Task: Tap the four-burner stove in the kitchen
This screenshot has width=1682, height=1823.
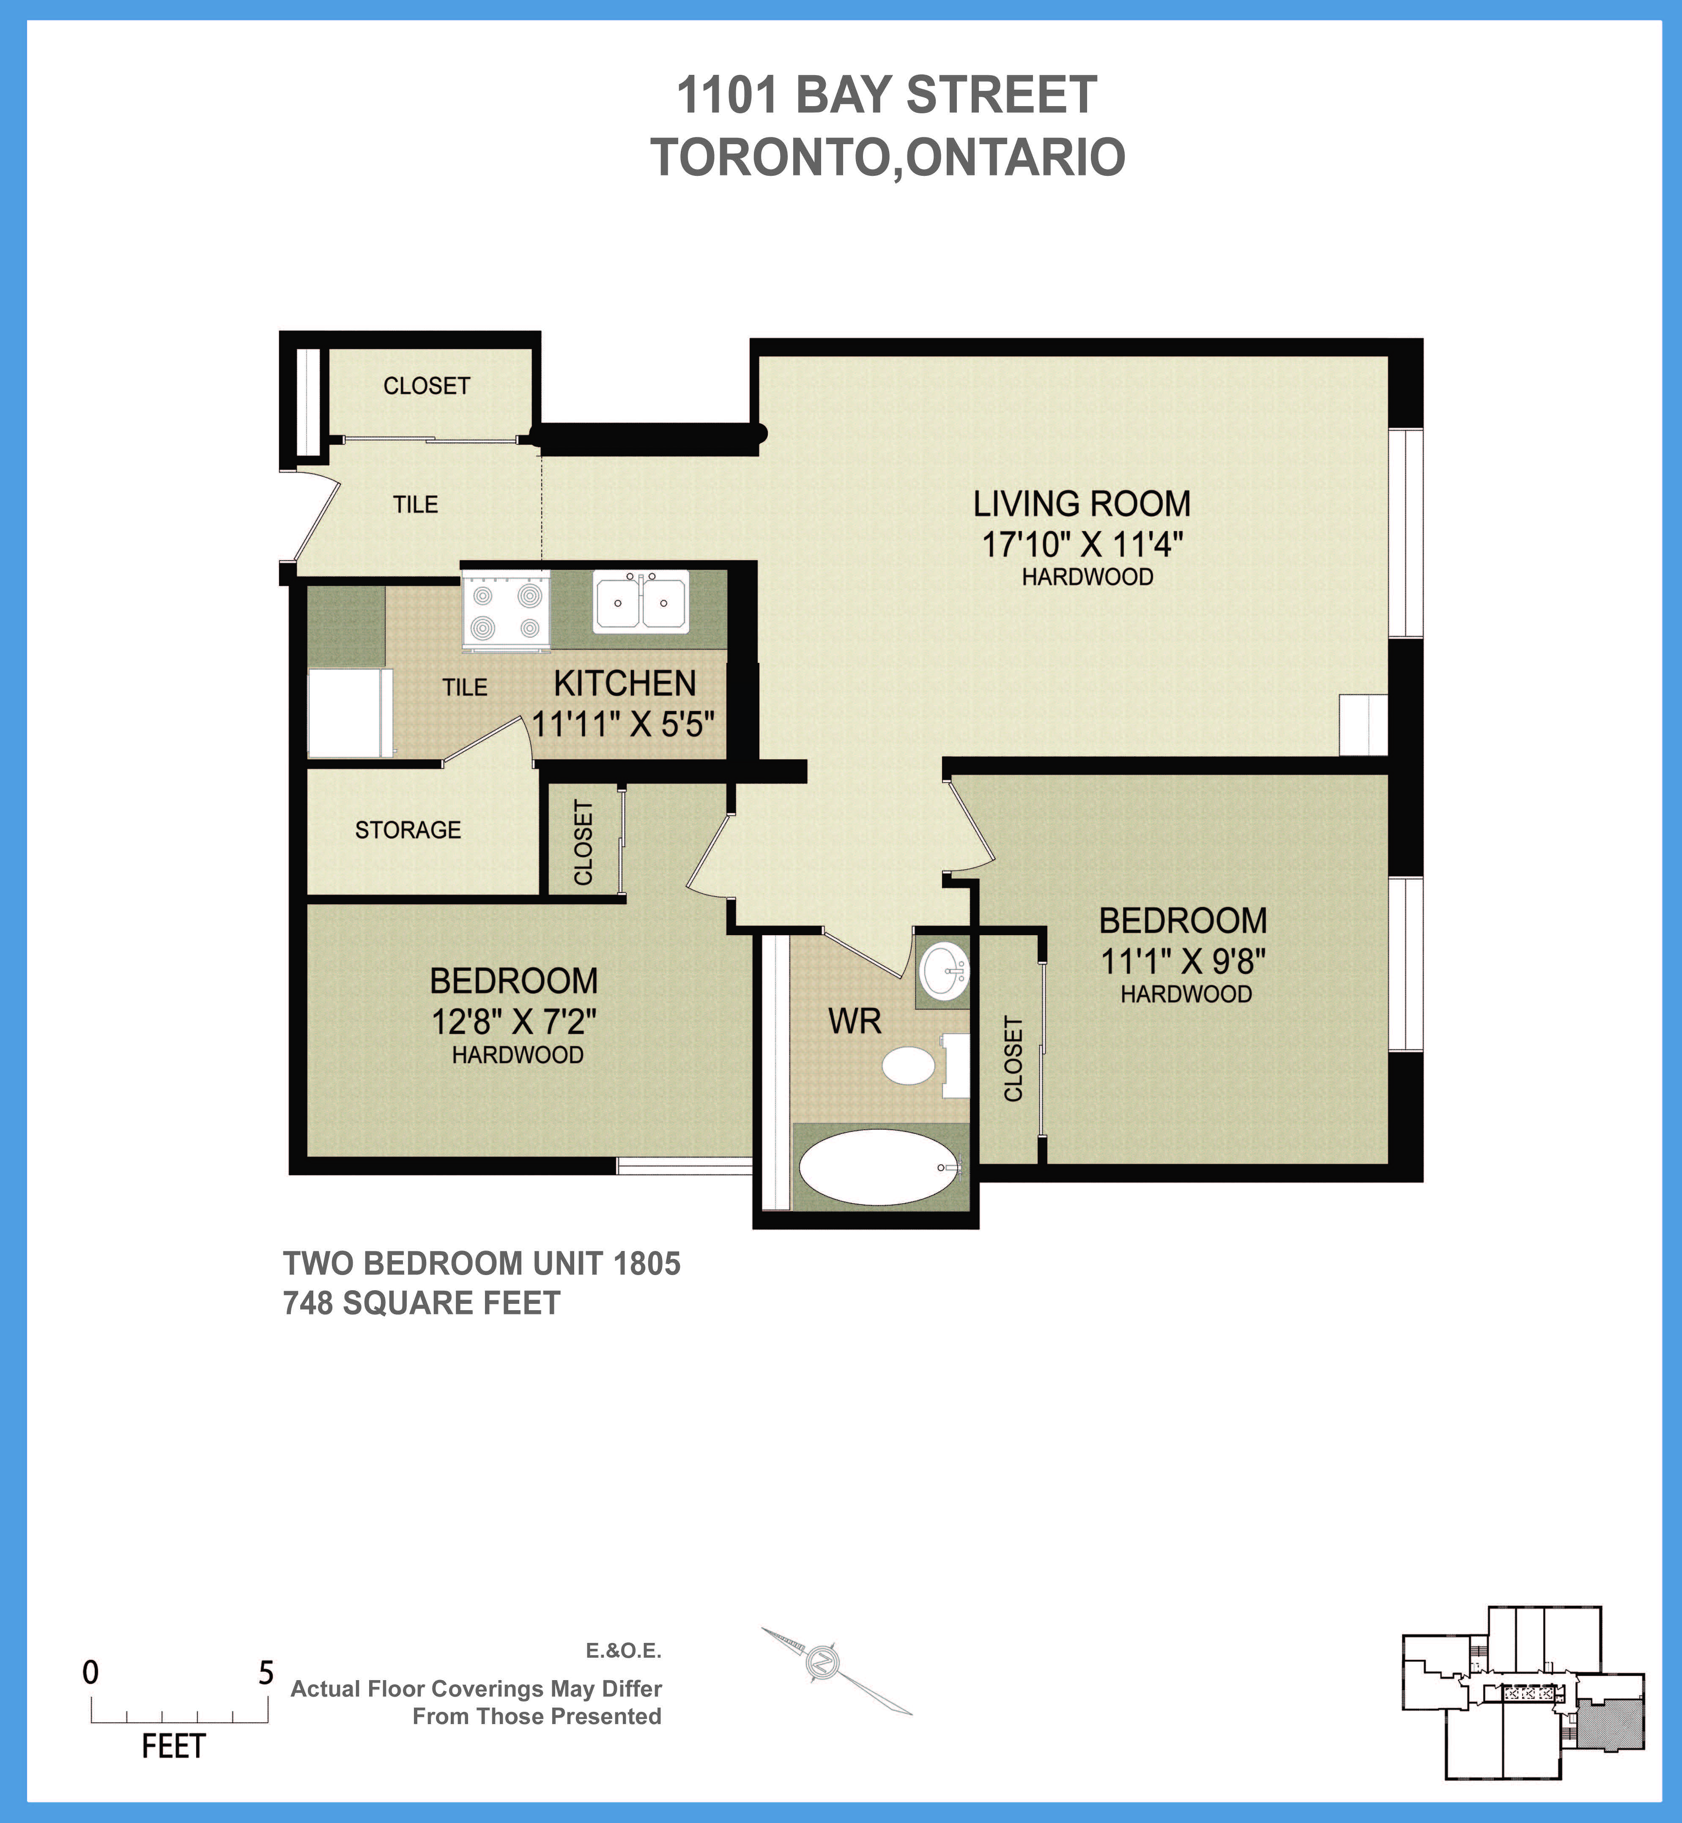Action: coord(506,612)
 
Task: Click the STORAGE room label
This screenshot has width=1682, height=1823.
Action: coord(408,830)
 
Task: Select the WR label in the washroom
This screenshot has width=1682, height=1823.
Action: coord(855,1021)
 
